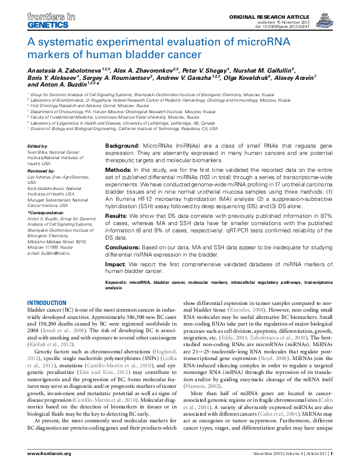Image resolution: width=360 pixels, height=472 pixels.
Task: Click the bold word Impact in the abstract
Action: [116, 263]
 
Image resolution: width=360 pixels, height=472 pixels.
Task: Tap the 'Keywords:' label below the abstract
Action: [116, 283]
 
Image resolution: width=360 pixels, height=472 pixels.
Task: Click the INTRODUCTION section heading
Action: [47, 303]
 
